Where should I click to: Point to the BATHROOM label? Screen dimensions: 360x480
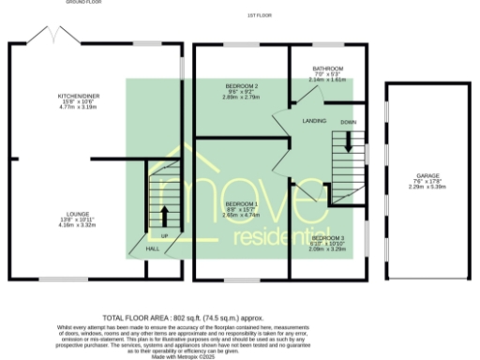click(x=327, y=68)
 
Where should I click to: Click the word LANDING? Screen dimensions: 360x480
click(x=313, y=122)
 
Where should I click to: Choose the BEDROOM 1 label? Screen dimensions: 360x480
click(x=242, y=203)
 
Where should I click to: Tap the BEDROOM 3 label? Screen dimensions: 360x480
click(x=328, y=239)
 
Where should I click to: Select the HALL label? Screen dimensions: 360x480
click(x=152, y=249)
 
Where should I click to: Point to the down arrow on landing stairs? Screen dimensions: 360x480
click(x=348, y=142)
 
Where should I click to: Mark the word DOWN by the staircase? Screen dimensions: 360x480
click(x=348, y=122)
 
